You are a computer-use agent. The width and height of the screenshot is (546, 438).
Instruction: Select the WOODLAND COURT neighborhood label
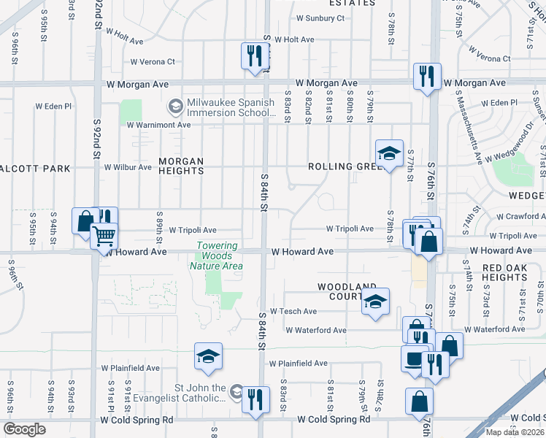347,292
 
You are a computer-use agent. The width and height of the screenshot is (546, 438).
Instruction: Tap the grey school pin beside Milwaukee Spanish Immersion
175,107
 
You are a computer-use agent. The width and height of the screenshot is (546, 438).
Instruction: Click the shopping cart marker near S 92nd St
104,236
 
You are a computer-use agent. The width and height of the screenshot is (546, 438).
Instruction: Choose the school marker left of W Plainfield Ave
208,356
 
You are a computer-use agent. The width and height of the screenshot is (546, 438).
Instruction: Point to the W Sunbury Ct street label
320,19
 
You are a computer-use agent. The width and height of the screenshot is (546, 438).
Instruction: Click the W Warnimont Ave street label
158,125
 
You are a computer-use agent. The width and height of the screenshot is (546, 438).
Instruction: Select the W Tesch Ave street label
292,311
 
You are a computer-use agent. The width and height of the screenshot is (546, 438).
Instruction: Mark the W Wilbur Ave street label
128,167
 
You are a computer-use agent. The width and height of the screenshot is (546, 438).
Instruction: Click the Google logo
25,429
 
